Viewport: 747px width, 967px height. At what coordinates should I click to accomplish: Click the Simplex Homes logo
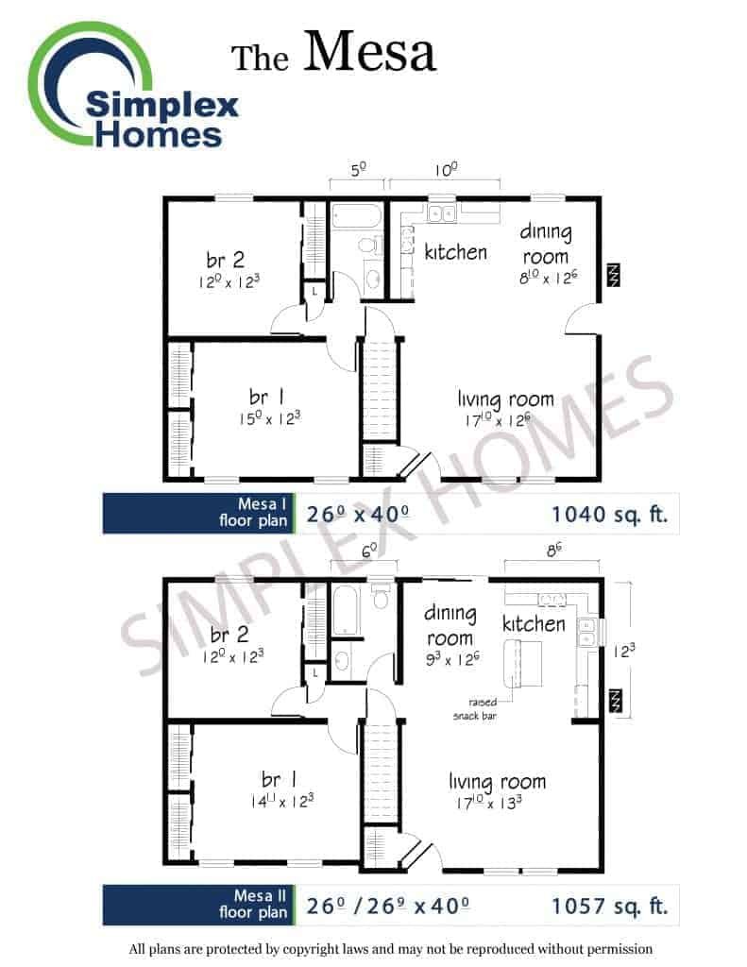(132, 86)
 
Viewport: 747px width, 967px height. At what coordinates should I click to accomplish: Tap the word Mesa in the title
(369, 51)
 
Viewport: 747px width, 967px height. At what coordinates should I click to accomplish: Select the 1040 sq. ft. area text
(609, 514)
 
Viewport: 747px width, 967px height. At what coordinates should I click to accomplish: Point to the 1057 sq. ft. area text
(609, 906)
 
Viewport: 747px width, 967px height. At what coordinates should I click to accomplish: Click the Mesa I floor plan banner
(198, 513)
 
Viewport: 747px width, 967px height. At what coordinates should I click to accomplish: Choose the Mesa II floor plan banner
(198, 905)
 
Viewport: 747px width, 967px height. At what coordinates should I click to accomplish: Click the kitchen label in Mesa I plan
(455, 251)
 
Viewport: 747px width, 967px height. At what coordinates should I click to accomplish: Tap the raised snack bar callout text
(475, 708)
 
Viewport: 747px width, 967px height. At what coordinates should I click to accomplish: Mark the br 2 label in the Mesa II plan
(229, 634)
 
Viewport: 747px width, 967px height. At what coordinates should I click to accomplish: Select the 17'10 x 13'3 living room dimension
(489, 803)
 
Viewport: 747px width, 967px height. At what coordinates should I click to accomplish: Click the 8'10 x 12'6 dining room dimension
(549, 277)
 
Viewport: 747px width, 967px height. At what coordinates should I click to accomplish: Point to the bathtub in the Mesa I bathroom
(357, 216)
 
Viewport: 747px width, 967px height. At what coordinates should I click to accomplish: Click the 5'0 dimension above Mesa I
(358, 169)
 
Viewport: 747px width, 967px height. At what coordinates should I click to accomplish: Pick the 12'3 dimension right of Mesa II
(623, 651)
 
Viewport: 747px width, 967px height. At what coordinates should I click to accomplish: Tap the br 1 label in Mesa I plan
(266, 397)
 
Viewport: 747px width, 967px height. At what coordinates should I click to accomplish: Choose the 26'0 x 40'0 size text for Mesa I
(357, 514)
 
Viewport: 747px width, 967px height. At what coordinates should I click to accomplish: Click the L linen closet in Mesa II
(315, 672)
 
